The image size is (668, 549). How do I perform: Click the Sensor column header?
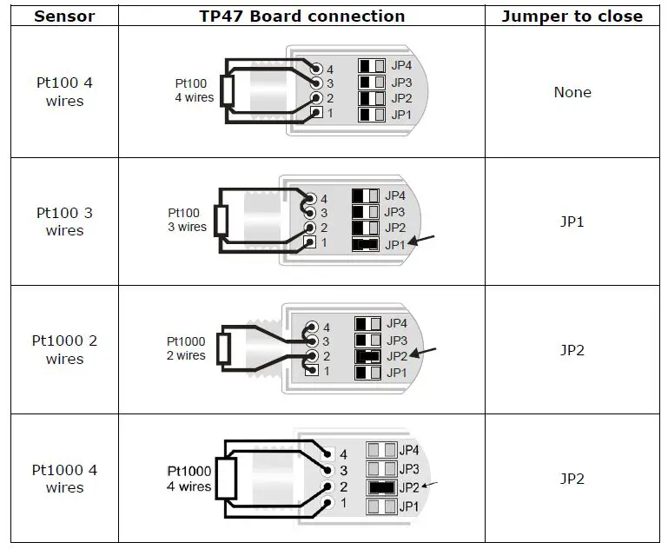64,16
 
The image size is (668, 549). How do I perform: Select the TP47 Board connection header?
301,16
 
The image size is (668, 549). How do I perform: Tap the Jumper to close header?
572,16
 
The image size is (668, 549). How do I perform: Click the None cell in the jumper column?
572,92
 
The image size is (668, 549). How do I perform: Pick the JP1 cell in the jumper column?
572,222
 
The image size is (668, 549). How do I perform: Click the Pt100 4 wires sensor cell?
64,92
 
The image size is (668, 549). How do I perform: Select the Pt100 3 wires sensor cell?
64,222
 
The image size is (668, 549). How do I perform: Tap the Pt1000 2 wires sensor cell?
64,350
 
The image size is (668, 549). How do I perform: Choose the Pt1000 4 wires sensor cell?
64,479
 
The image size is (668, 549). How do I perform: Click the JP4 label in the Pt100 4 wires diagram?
401,66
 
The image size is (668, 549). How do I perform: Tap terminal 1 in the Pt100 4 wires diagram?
317,114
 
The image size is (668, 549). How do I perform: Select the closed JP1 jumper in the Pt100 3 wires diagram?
366,244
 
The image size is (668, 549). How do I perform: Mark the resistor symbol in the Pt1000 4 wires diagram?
228,479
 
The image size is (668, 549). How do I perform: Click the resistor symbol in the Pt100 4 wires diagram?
228,90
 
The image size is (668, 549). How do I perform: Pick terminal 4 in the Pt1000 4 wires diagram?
327,453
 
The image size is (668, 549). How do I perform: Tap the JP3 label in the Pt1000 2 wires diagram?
397,340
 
